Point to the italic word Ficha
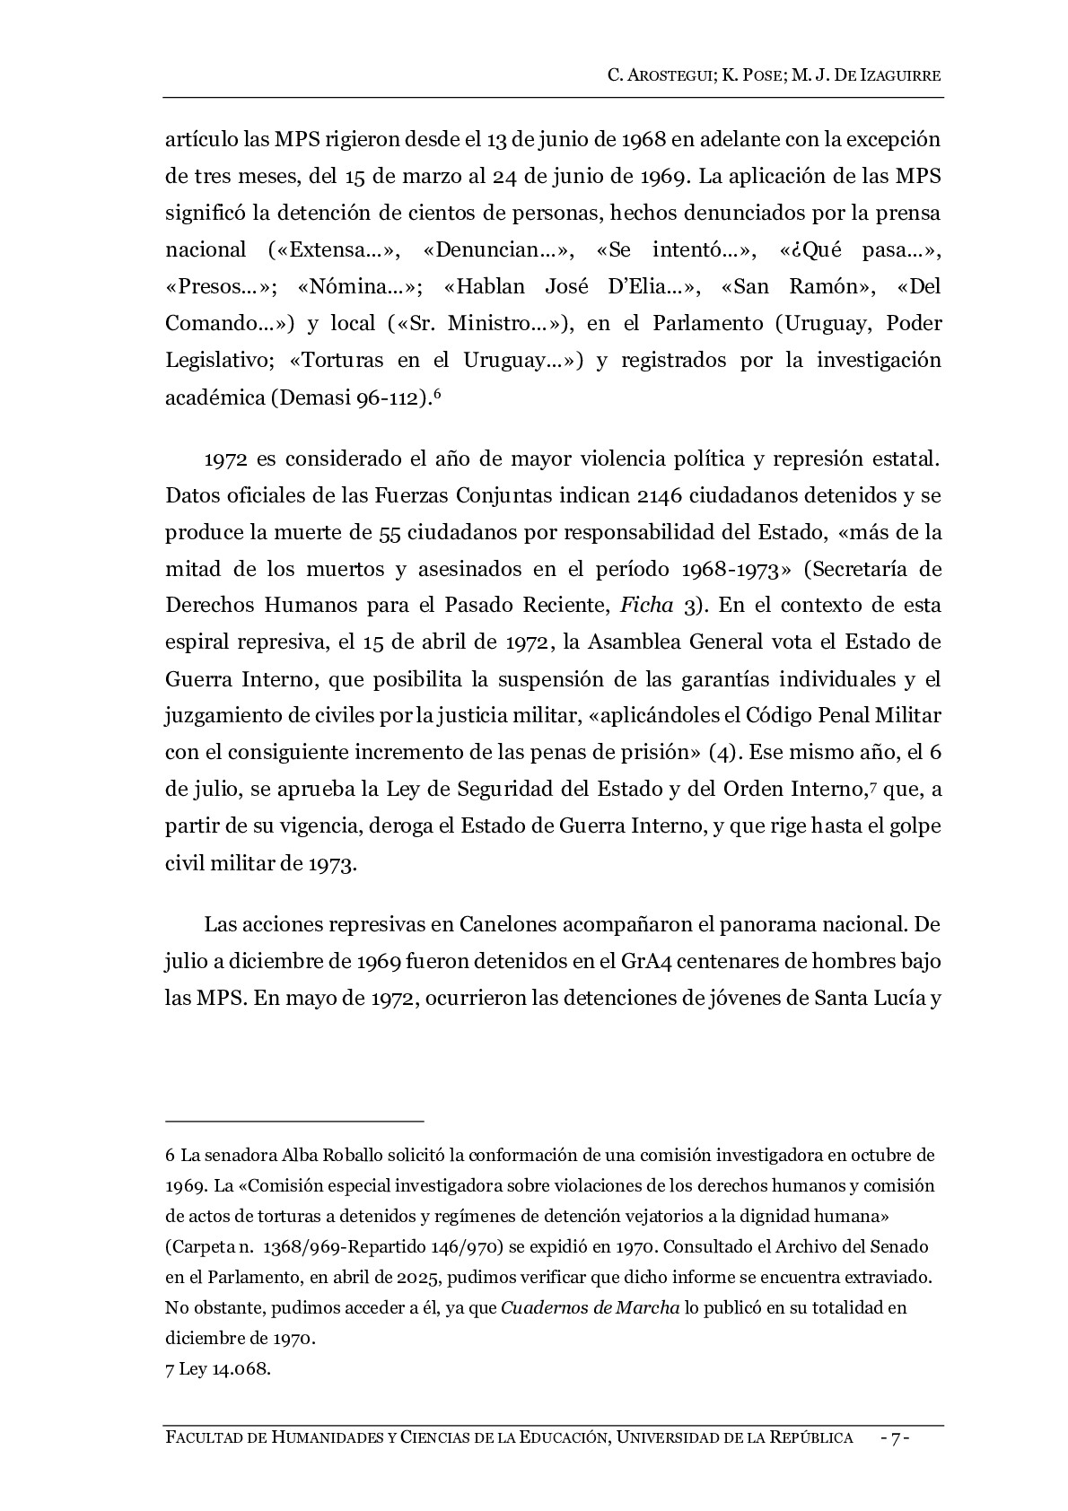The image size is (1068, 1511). [x=647, y=606]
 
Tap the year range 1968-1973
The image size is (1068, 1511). [x=734, y=570]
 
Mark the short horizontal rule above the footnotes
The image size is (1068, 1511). [x=294, y=1121]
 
